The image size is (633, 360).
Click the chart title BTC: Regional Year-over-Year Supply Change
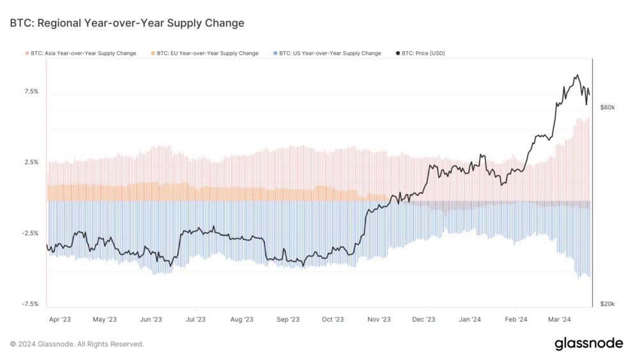coord(126,24)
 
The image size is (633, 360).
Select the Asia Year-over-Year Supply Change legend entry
coord(82,54)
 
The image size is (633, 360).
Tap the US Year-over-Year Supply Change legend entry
coord(329,54)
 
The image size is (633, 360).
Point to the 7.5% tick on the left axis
coord(31,91)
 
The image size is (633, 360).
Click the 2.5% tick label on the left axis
coord(31,162)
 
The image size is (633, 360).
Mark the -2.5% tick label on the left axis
coord(30,234)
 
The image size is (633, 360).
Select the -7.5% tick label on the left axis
coord(30,304)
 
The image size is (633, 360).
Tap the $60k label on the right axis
coord(607,108)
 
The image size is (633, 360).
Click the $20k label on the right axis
coord(607,304)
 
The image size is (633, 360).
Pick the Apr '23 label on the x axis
coord(59,319)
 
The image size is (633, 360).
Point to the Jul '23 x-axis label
coord(195,319)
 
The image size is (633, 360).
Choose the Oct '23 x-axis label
coord(333,319)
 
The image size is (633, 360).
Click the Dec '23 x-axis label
coord(423,319)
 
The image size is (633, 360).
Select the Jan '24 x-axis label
coord(470,319)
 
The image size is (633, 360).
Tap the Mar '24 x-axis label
coord(560,319)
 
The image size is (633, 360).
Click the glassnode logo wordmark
coord(588,343)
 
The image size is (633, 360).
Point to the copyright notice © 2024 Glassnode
coord(77,344)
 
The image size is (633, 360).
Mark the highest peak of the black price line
coord(577,75)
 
